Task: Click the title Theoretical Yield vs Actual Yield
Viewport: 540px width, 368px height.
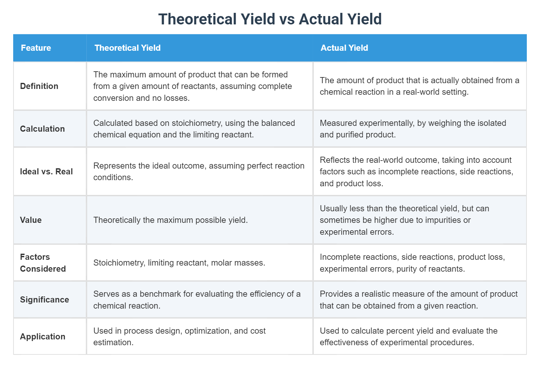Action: (x=270, y=19)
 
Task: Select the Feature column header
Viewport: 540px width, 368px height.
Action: (x=36, y=48)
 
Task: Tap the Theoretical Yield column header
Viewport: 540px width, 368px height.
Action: (x=127, y=48)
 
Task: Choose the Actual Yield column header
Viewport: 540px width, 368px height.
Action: (x=344, y=48)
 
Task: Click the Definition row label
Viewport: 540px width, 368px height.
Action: (x=39, y=86)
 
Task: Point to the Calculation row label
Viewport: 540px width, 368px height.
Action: (x=42, y=129)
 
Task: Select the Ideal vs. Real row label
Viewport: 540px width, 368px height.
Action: (x=46, y=171)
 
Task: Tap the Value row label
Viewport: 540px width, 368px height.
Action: (x=31, y=220)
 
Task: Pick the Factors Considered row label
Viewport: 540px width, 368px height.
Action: (x=42, y=263)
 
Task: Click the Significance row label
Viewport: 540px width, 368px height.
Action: (x=44, y=300)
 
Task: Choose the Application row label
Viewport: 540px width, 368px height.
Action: (x=42, y=337)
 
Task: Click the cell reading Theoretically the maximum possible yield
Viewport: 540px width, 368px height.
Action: (x=170, y=220)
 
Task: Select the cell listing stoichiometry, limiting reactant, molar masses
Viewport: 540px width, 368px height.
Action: (x=179, y=263)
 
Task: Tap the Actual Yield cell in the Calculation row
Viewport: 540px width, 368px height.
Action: (x=413, y=129)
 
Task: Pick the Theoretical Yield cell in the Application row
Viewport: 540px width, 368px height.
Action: (x=179, y=337)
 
